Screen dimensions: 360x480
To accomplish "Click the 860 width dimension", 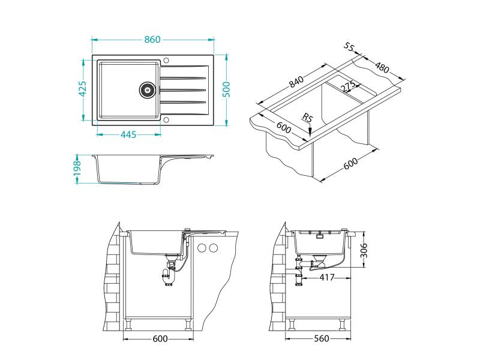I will [152, 40].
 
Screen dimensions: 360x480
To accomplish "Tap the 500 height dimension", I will [226, 90].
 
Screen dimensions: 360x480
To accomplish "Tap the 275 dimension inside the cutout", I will [349, 87].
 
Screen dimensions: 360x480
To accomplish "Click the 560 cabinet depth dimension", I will [322, 339].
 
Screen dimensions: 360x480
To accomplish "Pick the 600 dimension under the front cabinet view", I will [160, 339].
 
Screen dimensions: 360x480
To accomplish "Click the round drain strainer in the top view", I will [147, 90].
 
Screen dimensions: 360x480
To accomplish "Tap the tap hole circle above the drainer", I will [166, 61].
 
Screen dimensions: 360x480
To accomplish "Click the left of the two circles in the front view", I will [202, 248].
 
